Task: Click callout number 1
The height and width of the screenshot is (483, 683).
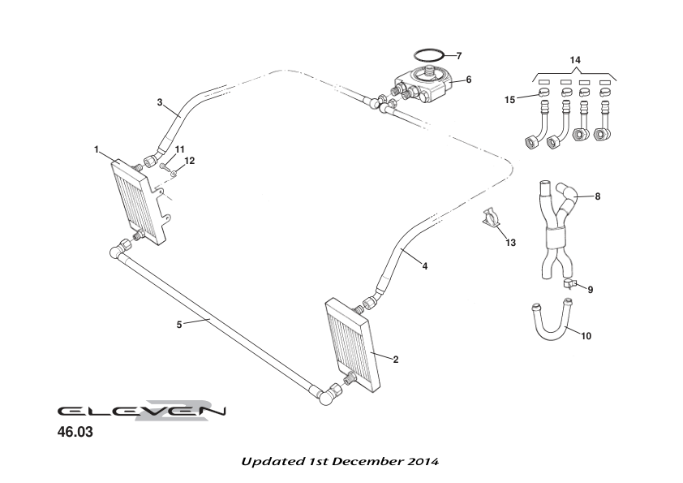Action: coord(96,150)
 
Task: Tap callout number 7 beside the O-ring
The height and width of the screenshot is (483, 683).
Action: coord(459,56)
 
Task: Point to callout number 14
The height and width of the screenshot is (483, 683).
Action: coord(575,61)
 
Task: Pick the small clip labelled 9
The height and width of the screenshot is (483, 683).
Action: coord(571,283)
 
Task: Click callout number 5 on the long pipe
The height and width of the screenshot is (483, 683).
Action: coord(179,324)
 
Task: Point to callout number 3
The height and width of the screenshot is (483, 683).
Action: coord(161,102)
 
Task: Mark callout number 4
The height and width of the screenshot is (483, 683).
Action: coord(426,265)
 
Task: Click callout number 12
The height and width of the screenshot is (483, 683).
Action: coord(191,161)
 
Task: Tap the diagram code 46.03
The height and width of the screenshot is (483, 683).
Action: coord(75,433)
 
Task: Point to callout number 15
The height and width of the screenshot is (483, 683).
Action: coord(509,100)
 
